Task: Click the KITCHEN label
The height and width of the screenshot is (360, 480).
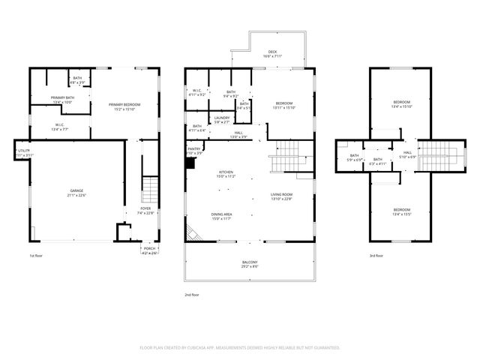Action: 226,174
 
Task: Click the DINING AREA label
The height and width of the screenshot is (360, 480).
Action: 226,217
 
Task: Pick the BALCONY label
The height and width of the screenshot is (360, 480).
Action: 250,264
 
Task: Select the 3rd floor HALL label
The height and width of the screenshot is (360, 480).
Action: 408,154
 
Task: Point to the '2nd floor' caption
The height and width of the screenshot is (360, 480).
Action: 191,295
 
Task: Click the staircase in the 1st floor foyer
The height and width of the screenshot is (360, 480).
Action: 151,186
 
